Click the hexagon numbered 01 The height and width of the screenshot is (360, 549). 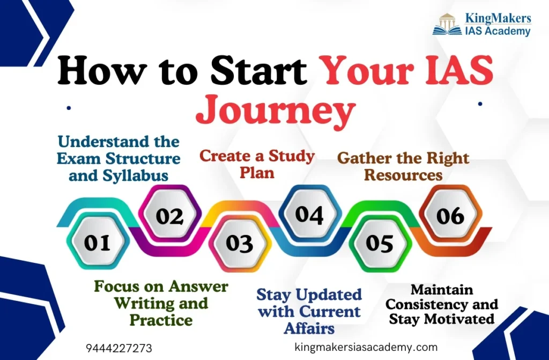click(x=98, y=241)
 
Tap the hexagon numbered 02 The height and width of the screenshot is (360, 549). click(x=170, y=215)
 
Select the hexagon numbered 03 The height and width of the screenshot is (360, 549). click(x=240, y=243)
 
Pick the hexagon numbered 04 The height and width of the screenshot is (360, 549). click(x=309, y=214)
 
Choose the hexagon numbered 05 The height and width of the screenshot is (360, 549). click(x=380, y=243)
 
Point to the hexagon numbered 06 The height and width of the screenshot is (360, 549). click(x=450, y=215)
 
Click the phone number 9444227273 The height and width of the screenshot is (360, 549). click(x=119, y=348)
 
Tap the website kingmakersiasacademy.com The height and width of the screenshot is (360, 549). click(x=366, y=347)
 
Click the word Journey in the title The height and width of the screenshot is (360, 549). click(x=276, y=110)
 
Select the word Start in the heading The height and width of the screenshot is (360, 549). click(x=259, y=71)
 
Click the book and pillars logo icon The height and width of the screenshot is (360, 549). click(x=447, y=25)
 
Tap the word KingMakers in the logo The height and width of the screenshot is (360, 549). click(x=498, y=18)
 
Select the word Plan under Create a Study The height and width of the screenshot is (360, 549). click(x=257, y=172)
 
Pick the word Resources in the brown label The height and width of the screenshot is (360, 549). click(x=403, y=174)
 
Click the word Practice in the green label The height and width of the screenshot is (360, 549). click(x=161, y=320)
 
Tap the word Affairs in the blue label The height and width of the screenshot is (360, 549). click(x=309, y=328)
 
